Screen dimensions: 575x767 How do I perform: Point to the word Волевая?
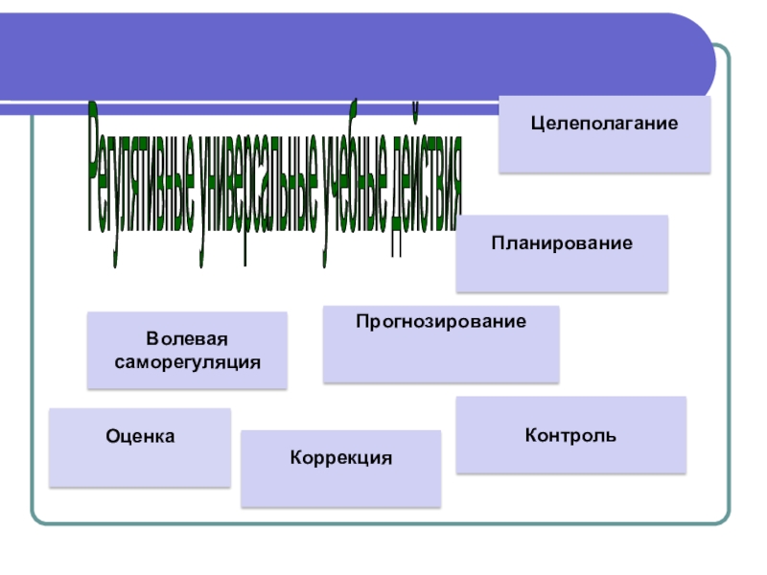click(188, 340)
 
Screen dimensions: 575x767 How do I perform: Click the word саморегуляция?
click(188, 363)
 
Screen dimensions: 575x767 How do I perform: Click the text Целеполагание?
click(605, 124)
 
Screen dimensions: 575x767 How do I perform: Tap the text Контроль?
click(570, 436)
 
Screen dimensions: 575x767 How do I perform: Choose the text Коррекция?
click(341, 458)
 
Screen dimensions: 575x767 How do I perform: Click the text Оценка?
click(140, 436)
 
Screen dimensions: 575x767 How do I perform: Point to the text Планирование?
click(562, 243)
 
